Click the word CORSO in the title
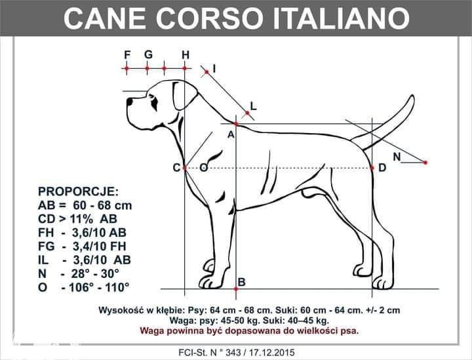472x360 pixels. pos(210,18)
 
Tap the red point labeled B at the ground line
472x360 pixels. pos(236,289)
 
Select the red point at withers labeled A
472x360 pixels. pos(236,123)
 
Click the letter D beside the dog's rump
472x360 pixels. pos(382,168)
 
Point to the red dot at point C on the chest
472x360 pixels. pos(185,168)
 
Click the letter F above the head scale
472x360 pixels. pos(127,55)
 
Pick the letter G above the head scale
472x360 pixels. pos(148,55)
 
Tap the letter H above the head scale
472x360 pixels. pos(186,55)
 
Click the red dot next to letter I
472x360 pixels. pos(206,72)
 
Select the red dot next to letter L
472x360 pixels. pos(247,113)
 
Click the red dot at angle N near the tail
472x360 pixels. pos(425,163)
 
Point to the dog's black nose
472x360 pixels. pos(129,102)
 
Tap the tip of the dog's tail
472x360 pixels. pos(412,96)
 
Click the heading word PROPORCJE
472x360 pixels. pos(78,191)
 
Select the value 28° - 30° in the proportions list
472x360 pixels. pos(95,273)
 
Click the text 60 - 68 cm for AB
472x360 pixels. pos(102,205)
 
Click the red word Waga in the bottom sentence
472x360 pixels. pos(151,330)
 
